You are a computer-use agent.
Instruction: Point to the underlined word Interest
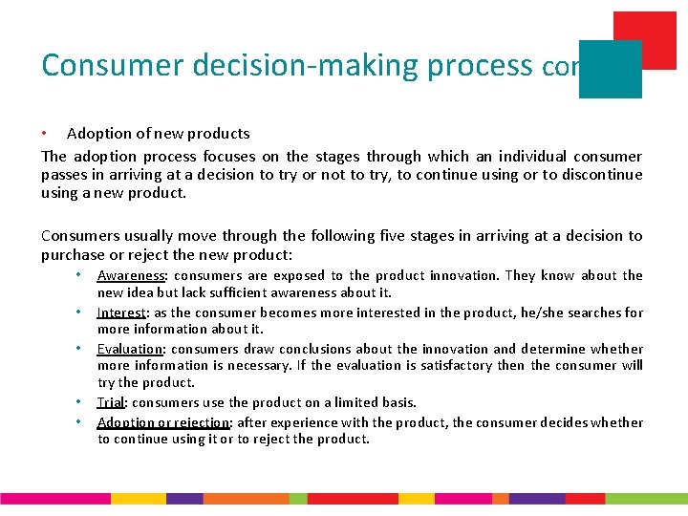122,312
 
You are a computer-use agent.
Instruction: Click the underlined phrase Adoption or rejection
163,422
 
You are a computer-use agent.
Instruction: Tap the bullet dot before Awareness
81,275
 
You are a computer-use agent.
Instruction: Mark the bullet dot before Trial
81,402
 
